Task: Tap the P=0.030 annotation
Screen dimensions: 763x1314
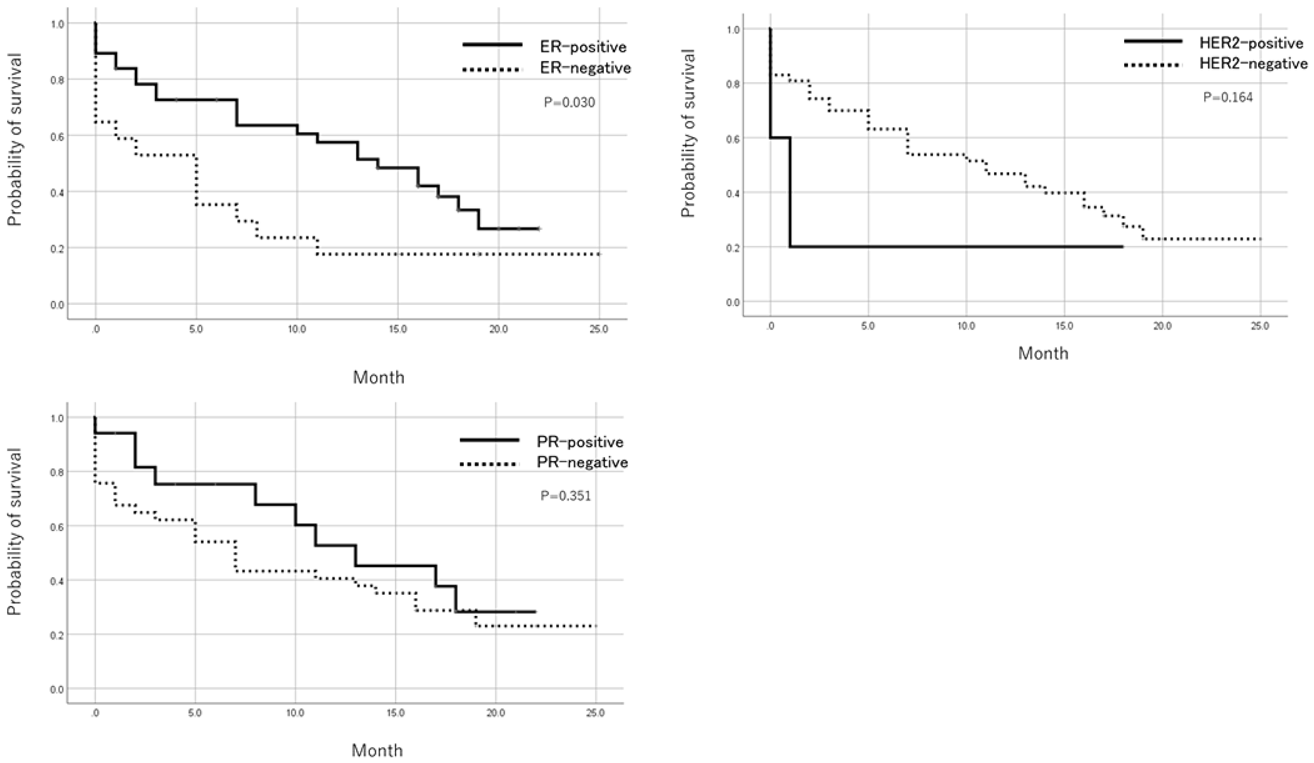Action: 570,102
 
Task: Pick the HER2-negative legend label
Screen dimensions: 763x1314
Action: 1254,64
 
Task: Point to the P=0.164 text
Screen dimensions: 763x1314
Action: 1228,98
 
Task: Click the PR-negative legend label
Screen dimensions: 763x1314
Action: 582,463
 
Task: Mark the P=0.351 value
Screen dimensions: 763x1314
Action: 566,496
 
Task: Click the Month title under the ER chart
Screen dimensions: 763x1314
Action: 378,378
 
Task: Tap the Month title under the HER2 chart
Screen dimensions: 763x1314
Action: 1043,353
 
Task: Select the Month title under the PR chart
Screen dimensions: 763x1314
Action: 377,750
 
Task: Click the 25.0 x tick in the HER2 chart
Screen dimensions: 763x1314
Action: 1259,326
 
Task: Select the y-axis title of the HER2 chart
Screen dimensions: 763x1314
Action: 688,133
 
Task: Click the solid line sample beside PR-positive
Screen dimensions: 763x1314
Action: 489,441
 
